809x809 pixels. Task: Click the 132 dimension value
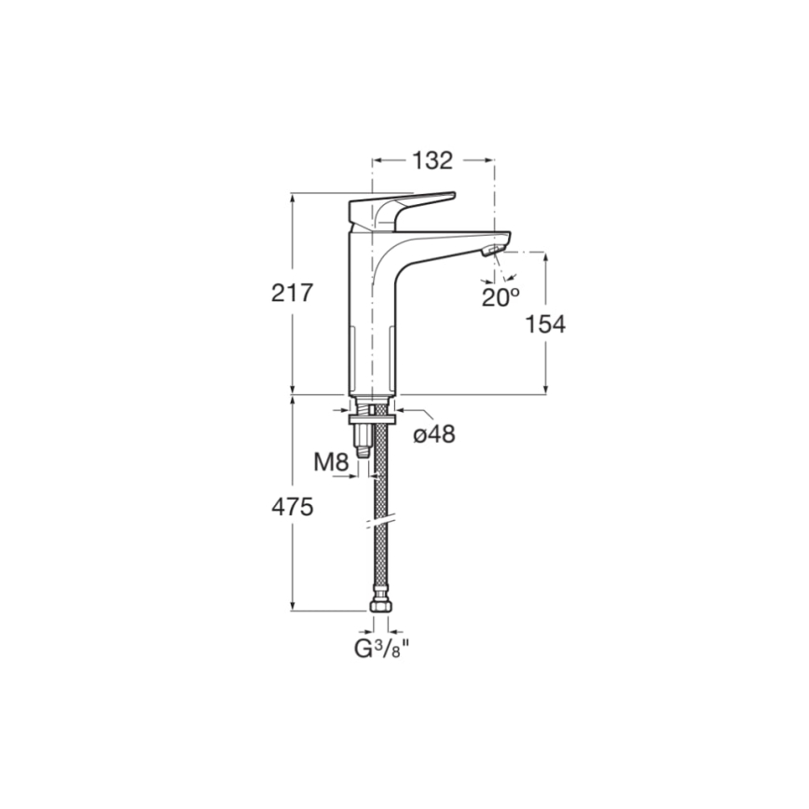tap(432, 160)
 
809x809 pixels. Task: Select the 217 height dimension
tap(292, 293)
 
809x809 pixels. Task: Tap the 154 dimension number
tap(545, 324)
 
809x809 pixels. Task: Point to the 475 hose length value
tap(292, 507)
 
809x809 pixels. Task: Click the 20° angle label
tap(500, 297)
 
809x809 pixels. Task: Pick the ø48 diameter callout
tap(435, 433)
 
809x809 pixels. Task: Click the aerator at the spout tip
tap(491, 251)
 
